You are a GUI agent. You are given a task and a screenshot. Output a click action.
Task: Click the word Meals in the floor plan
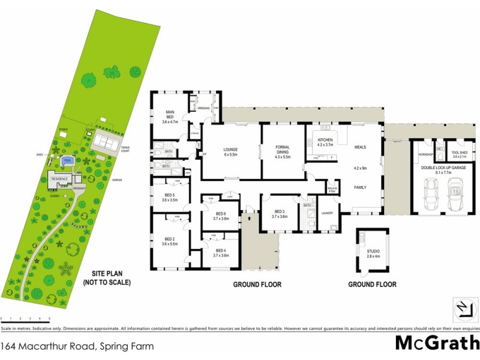click(x=360, y=147)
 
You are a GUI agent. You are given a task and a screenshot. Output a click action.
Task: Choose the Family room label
click(x=360, y=187)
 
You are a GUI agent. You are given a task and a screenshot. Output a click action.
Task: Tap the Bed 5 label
click(x=170, y=197)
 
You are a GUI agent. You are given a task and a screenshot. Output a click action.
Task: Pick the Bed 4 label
click(x=220, y=253)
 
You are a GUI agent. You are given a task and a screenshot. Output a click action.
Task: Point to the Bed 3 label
click(x=280, y=214)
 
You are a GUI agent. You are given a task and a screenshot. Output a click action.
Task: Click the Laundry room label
click(x=327, y=212)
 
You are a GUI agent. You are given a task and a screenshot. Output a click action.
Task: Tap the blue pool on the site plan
click(x=68, y=161)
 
